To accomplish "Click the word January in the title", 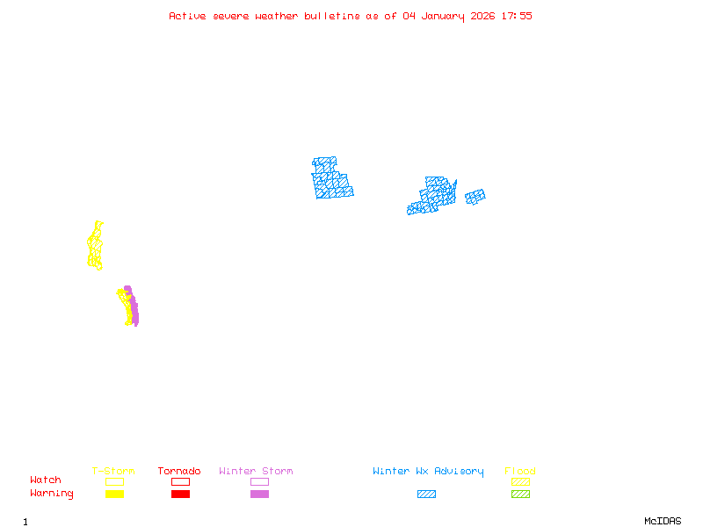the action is tap(441, 16).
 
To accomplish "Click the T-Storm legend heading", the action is tap(113, 472).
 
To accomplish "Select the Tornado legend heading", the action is tap(179, 472).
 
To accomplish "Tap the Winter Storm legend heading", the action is tap(256, 472).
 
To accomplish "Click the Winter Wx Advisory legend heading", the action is tap(428, 472).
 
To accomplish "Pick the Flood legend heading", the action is tap(520, 472).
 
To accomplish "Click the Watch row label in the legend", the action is tap(46, 480).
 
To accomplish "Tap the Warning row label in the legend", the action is tap(52, 494).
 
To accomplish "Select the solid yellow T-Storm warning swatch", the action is tap(114, 495).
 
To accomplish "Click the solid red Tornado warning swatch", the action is tap(180, 495).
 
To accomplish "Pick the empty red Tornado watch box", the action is tap(180, 481).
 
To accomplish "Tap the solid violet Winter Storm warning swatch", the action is tap(259, 495).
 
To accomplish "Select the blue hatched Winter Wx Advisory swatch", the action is tap(426, 495).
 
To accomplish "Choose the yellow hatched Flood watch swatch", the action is tap(520, 481).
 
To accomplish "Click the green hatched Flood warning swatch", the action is tap(520, 495).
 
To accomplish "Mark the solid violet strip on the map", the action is tap(134, 309).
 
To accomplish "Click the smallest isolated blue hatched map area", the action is tap(475, 197).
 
